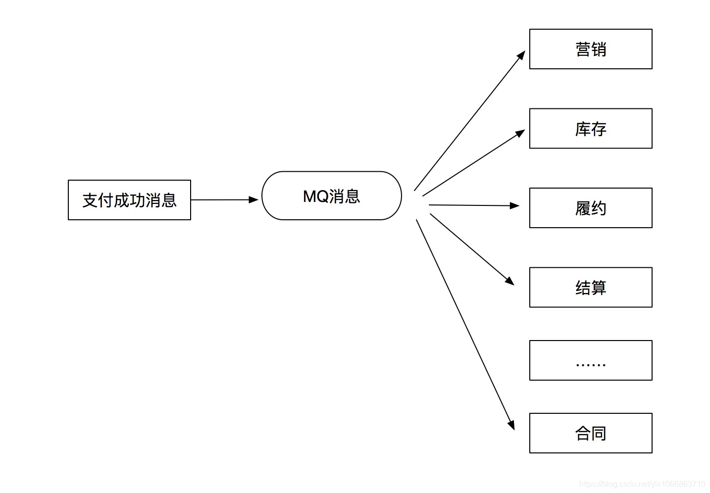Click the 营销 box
click(590, 49)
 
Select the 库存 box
click(590, 129)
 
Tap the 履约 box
click(590, 208)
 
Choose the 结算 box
click(590, 288)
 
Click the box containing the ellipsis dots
click(590, 360)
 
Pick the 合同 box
click(590, 433)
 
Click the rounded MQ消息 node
click(331, 196)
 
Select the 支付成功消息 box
click(129, 200)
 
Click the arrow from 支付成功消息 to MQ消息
click(223, 200)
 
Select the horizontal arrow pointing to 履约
click(473, 205)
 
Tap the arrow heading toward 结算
click(470, 248)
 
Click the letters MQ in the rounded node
click(315, 197)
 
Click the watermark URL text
click(642, 484)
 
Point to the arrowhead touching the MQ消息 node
click(254, 200)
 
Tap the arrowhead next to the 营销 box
click(521, 55)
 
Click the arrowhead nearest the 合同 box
click(511, 425)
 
